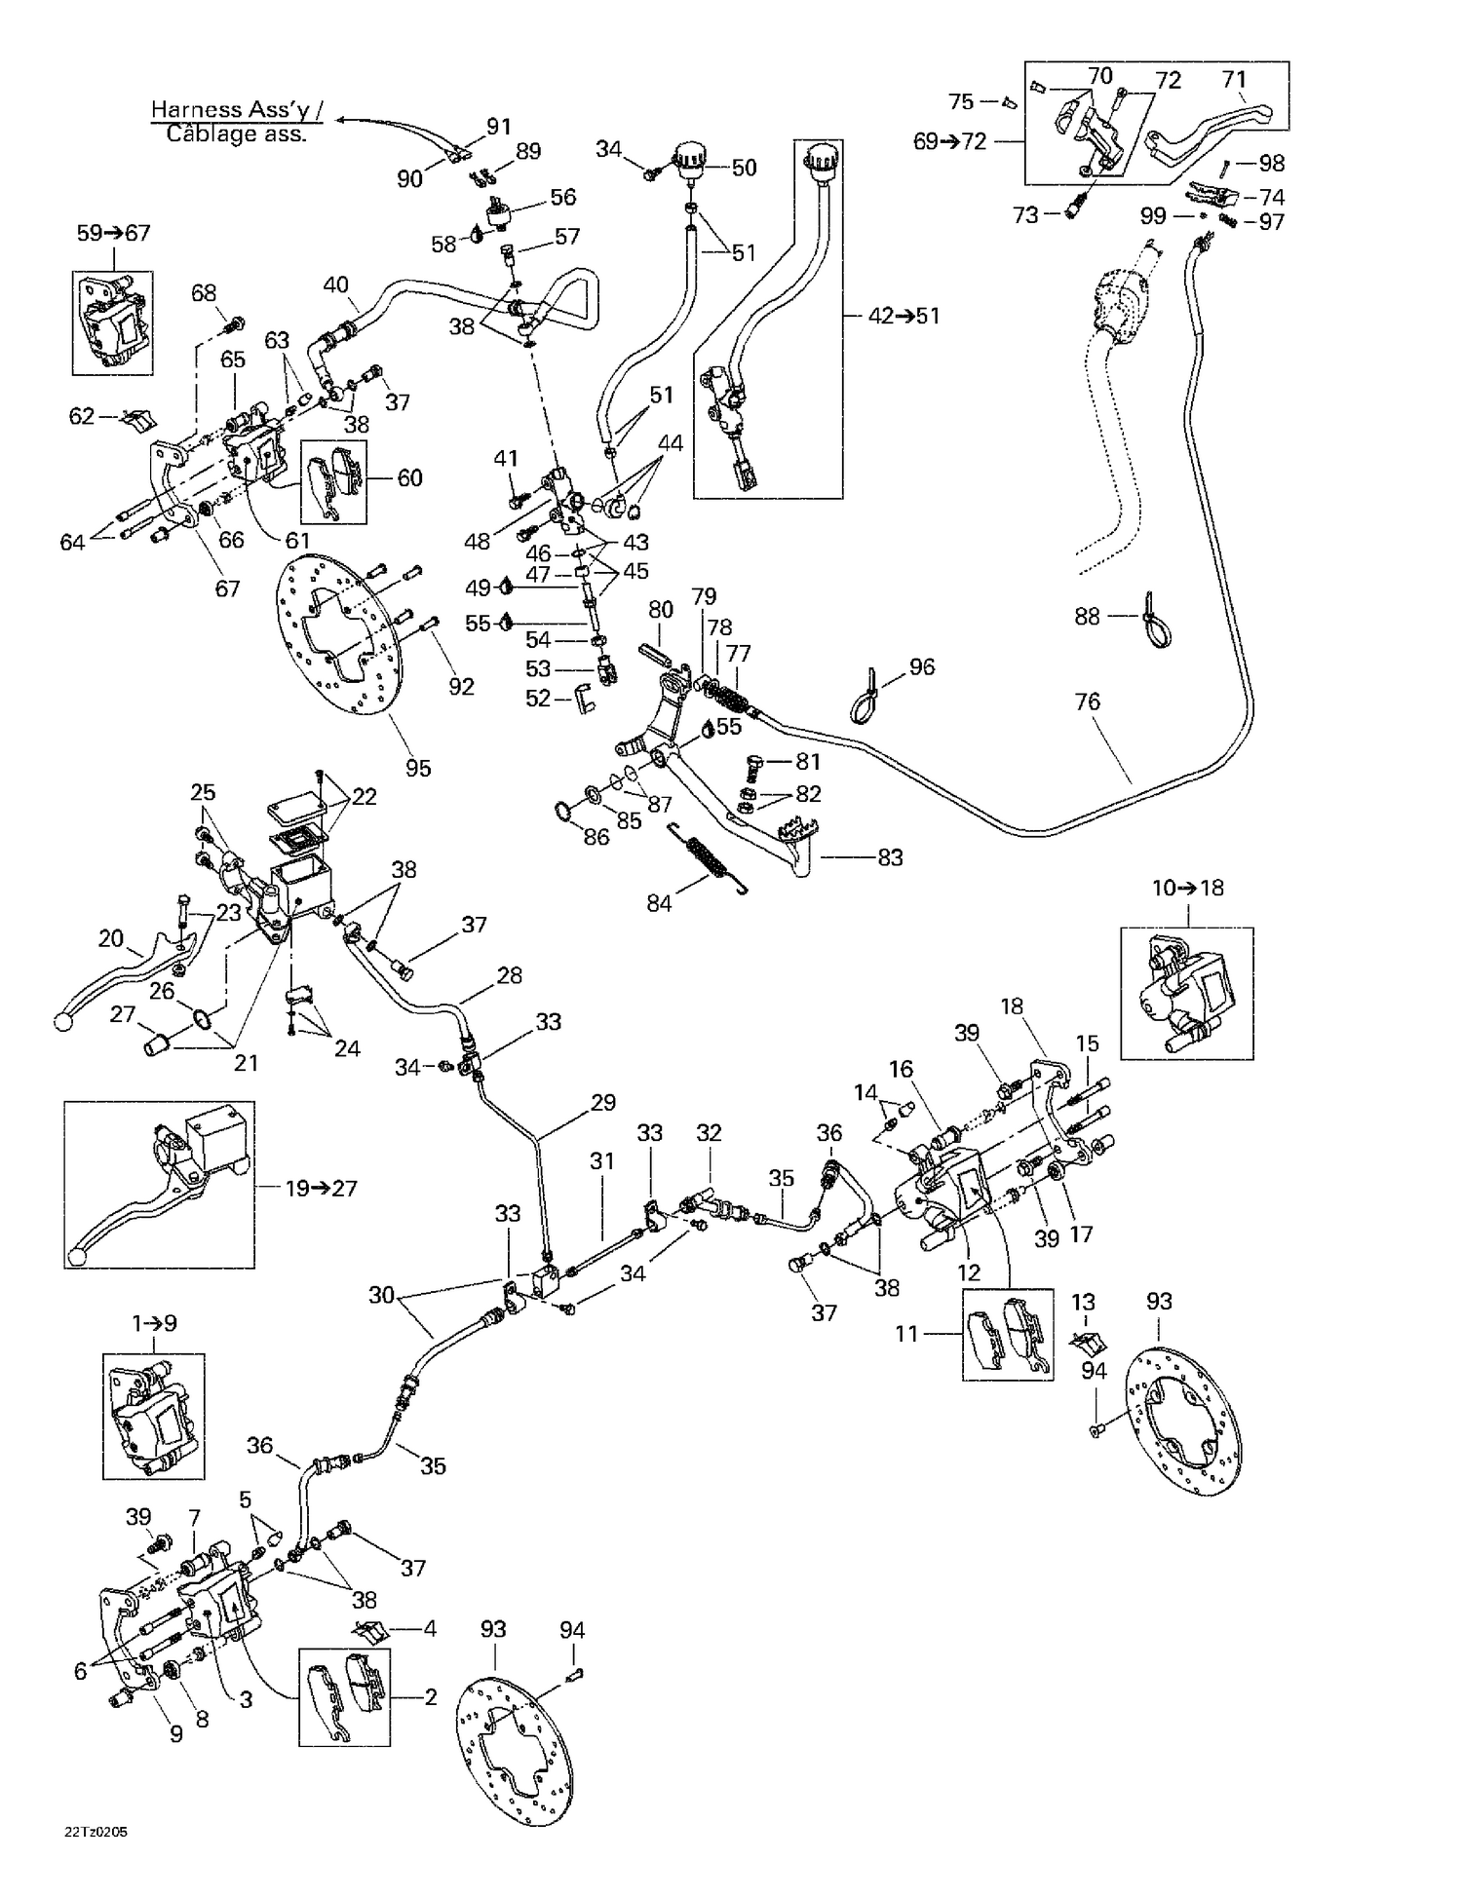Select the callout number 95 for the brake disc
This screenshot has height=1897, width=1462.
[x=418, y=769]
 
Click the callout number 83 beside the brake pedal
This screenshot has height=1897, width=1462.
[x=890, y=857]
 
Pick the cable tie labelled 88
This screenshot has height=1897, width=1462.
[x=1157, y=624]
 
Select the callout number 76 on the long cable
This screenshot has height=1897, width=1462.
[x=1087, y=702]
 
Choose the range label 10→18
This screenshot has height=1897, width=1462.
[x=1187, y=888]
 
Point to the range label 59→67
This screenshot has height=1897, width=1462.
[x=114, y=233]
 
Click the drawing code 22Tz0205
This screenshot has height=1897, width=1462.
[x=96, y=1832]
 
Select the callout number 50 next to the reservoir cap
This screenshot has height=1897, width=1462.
[x=744, y=168]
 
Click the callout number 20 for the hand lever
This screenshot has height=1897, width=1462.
[x=111, y=938]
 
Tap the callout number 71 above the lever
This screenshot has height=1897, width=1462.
[x=1234, y=80]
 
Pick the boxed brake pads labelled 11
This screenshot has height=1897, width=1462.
[x=1008, y=1333]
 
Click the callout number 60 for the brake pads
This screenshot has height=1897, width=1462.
[x=410, y=477]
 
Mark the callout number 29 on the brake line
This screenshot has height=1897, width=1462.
[x=603, y=1103]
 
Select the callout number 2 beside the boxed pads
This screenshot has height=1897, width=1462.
[x=431, y=1696]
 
